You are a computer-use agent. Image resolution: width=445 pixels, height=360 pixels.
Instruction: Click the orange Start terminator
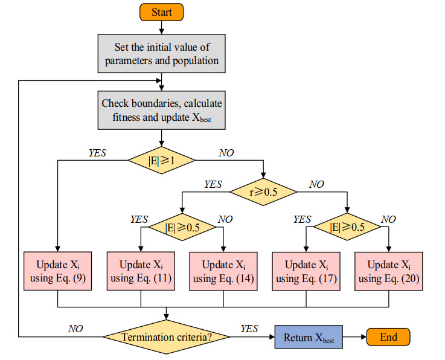point(162,12)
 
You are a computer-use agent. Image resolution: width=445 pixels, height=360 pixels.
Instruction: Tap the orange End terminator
point(388,337)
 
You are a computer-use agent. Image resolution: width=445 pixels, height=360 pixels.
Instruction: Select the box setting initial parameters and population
point(162,53)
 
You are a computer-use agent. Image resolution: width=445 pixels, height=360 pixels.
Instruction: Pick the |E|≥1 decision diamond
point(161,160)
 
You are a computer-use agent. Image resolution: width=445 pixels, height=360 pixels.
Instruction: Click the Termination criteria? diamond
point(167,337)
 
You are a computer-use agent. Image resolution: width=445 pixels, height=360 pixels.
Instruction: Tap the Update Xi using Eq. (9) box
point(57,271)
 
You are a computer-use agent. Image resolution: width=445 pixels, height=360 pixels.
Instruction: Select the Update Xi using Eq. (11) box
point(141,271)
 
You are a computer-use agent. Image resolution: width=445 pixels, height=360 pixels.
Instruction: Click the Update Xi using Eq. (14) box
point(224,271)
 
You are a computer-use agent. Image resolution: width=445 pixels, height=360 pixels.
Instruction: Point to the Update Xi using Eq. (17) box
point(306,271)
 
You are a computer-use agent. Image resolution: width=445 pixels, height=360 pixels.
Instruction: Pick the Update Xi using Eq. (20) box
point(388,271)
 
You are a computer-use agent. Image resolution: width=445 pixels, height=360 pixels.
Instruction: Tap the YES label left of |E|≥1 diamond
point(97,153)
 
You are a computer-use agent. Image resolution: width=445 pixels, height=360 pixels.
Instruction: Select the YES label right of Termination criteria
point(249,329)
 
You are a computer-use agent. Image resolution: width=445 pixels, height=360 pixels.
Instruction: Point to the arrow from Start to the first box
point(162,27)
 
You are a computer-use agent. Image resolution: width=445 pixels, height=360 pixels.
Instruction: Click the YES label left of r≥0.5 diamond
point(213,184)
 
